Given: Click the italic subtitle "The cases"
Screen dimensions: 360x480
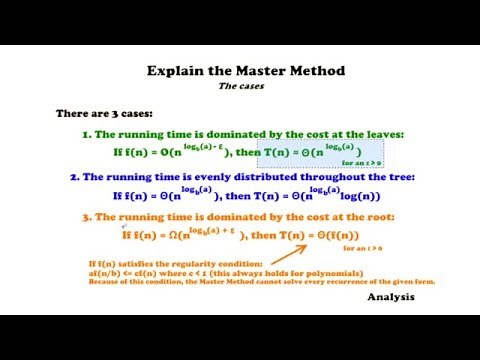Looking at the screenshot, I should [240, 86].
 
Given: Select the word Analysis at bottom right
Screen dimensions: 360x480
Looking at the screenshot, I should [396, 297].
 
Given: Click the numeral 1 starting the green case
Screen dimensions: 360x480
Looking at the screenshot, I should [86, 134].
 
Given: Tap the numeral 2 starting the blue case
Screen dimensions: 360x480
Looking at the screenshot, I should [74, 176].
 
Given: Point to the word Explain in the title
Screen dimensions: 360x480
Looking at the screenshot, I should [174, 71].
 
